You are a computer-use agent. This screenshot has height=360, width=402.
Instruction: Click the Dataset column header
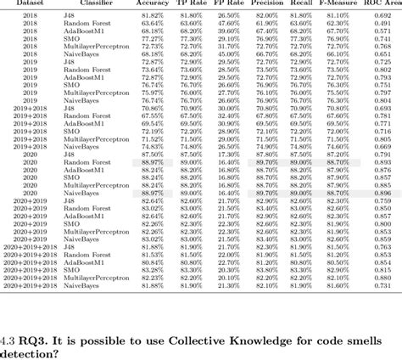[31, 4]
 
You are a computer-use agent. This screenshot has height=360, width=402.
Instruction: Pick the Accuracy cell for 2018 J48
[153, 16]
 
